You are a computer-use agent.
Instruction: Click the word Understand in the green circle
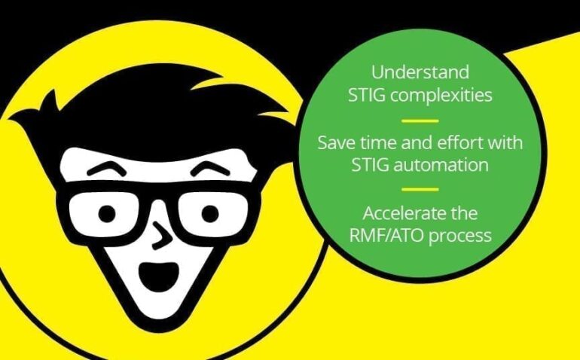point(420,73)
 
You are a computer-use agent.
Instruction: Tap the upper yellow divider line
point(420,120)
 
